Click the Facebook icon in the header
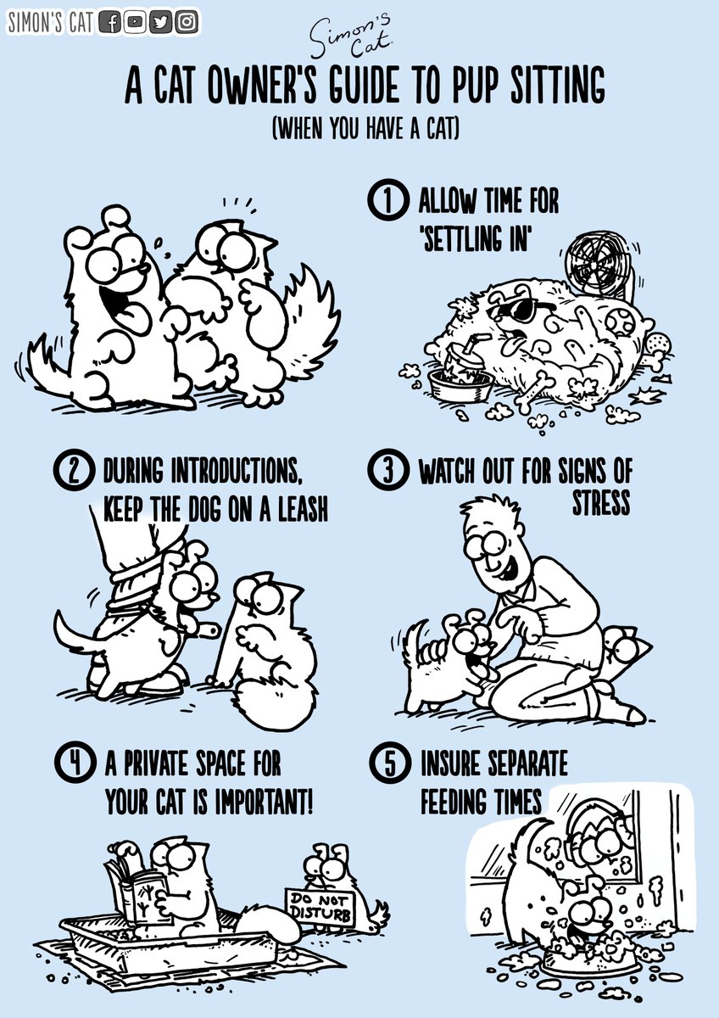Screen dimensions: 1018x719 (110, 23)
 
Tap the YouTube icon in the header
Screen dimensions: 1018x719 (135, 23)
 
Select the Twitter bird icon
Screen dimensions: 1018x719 (161, 23)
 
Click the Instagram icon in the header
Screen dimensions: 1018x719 (187, 23)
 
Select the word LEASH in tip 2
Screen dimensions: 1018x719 (297, 509)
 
